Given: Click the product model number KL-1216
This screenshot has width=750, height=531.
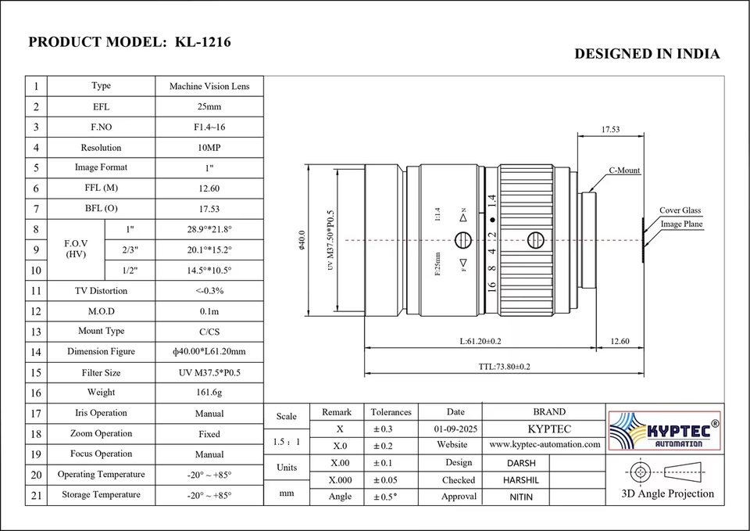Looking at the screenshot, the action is coord(203,42).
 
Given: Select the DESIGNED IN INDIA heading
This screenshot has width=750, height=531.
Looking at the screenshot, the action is coord(647,54).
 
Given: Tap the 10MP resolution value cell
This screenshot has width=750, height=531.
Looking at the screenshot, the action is coord(209,148).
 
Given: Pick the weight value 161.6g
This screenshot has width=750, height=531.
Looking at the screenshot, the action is coord(209,393).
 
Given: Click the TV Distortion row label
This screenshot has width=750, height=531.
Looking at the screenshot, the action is coord(101,291).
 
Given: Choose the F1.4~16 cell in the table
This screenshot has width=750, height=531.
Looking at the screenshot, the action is coord(209,127).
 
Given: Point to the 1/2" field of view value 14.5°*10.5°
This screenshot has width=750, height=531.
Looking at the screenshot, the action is coord(209,270).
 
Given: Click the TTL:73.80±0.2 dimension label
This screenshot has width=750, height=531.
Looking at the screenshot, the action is coord(504,367).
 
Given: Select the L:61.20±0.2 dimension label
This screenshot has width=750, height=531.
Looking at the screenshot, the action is coord(480,342).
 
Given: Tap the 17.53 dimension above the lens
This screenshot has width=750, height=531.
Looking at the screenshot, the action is coord(610,129).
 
